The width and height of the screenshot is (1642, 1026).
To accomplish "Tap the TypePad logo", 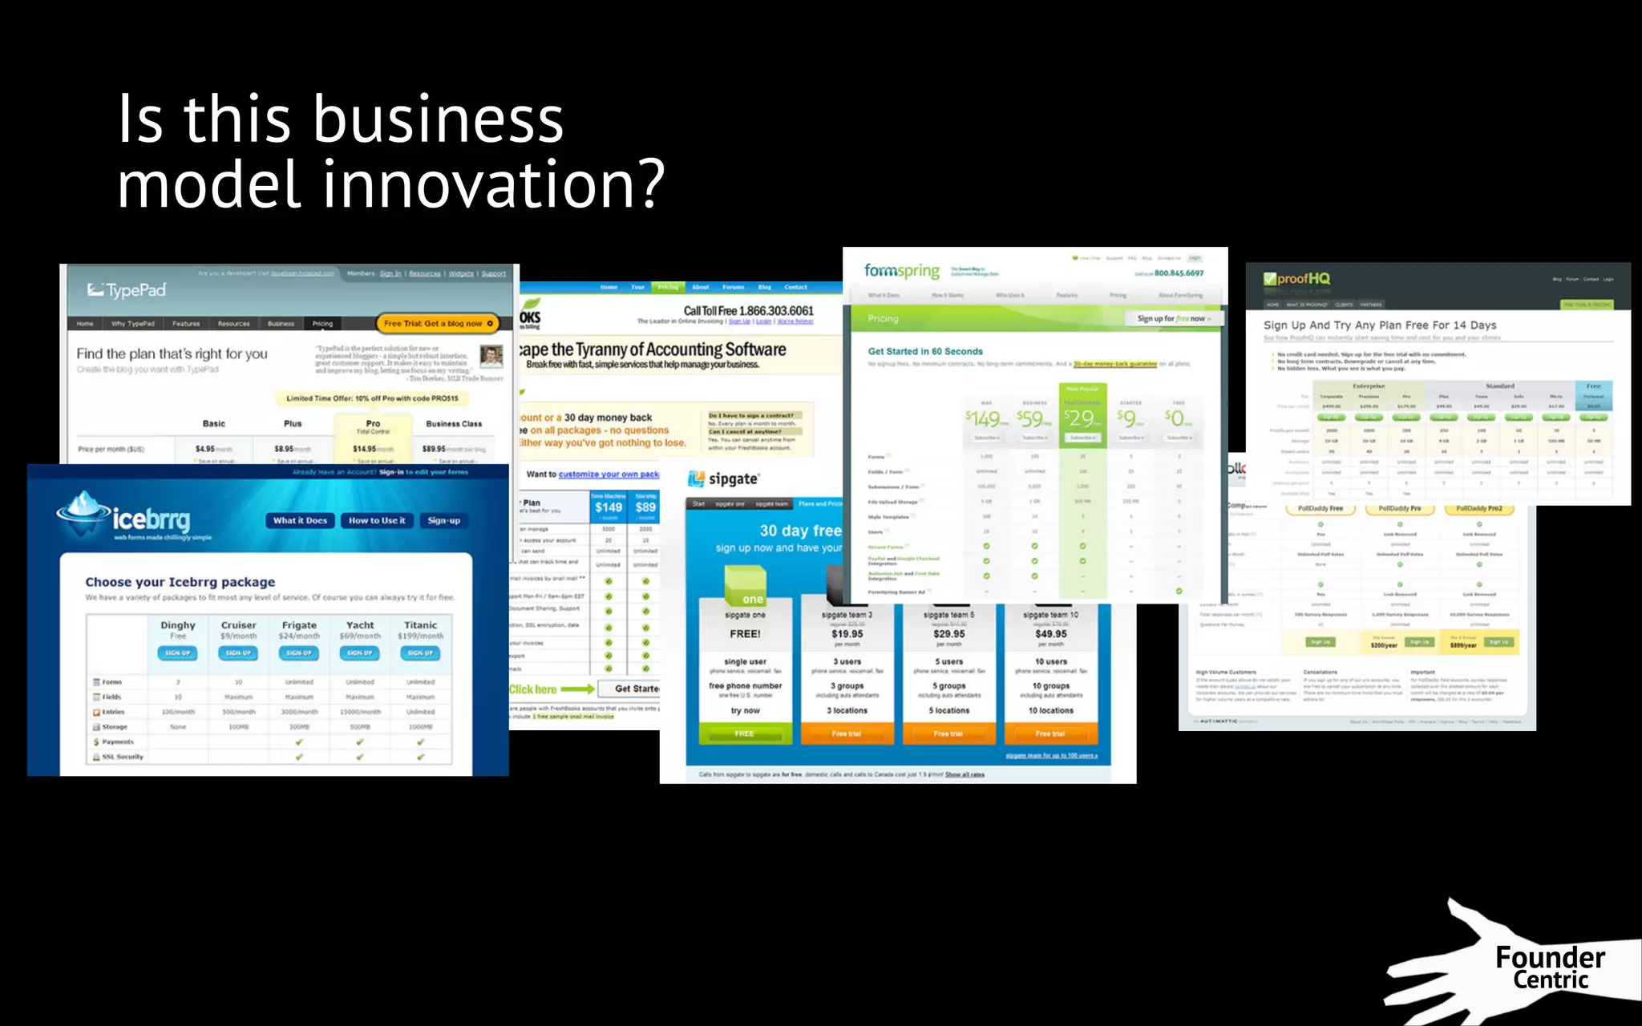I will [x=127, y=290].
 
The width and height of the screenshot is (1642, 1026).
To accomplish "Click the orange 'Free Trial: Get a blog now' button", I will [x=438, y=324].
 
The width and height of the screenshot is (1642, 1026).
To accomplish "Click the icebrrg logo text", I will [x=152, y=519].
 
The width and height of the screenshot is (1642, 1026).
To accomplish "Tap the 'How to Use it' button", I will [x=377, y=521].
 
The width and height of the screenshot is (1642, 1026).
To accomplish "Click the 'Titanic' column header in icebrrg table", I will [x=420, y=625].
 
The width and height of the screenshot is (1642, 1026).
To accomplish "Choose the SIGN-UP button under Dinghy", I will [x=177, y=653].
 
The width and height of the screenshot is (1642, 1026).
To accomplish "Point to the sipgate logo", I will [x=724, y=479].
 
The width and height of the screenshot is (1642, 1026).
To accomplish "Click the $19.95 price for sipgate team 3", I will [x=847, y=634].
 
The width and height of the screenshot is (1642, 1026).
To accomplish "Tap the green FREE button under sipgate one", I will [x=745, y=733].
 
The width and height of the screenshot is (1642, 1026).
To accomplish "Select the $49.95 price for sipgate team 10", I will [x=1050, y=634].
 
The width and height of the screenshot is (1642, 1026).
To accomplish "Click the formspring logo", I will [x=902, y=271].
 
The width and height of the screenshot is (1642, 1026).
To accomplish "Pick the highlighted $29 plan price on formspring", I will [x=1082, y=418].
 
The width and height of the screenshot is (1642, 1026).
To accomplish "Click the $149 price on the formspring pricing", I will [x=984, y=418].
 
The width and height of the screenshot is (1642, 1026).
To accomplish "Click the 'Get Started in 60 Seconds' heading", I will [x=925, y=352].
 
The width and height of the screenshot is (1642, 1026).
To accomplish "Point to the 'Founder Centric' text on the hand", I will [x=1550, y=968].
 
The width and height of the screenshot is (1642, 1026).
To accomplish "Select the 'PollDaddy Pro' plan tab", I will [x=1399, y=509].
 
